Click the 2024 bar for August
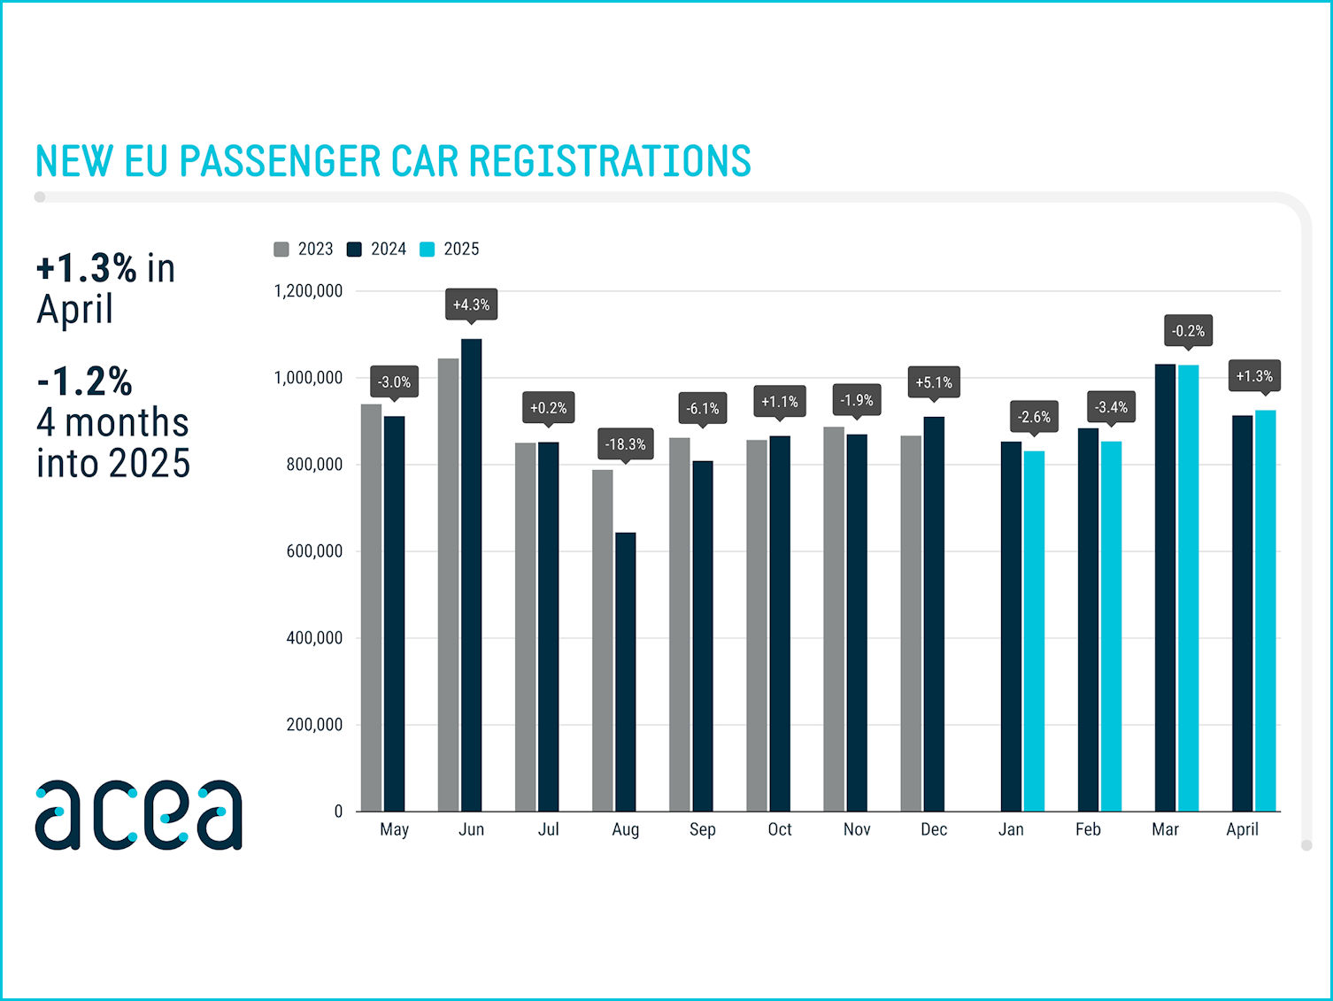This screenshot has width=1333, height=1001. click(625, 673)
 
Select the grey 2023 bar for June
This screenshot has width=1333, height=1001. click(448, 584)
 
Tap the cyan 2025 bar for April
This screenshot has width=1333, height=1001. click(1265, 611)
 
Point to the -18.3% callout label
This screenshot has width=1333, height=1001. click(625, 444)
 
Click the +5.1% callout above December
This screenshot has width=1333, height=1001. click(934, 382)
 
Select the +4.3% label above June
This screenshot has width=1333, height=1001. click(471, 304)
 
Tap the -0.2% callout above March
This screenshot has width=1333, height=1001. click(1188, 331)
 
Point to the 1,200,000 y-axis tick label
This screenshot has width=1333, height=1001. click(308, 291)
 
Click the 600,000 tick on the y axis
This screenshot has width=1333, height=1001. click(314, 551)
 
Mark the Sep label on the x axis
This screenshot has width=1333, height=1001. click(702, 829)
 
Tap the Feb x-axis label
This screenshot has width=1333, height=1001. click(1088, 829)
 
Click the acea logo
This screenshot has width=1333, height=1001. click(139, 814)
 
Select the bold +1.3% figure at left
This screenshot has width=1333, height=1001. click(87, 268)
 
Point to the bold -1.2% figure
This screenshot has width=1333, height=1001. click(85, 381)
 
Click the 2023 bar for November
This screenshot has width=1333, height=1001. click(834, 620)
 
